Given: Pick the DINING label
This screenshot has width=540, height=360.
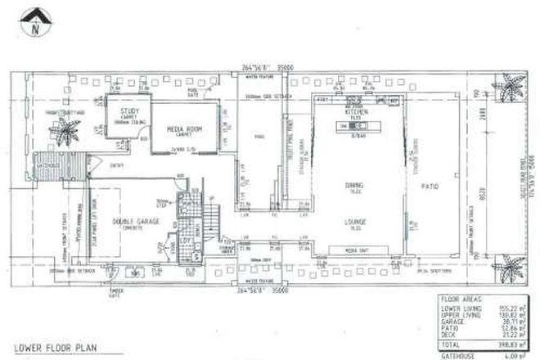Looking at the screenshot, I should [355, 185].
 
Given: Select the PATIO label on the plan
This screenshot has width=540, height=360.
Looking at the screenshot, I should [430, 187].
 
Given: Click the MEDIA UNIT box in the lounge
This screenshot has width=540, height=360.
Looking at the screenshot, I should [355, 250].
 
